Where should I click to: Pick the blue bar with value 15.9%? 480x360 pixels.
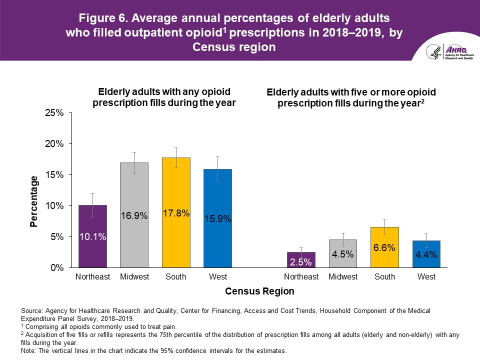coord(217,218)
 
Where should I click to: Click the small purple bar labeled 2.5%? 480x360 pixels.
coord(301,260)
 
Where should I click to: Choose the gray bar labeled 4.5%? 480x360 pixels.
coord(342,253)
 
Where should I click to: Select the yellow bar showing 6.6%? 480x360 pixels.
coord(384,247)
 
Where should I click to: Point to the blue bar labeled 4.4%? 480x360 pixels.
coord(426,254)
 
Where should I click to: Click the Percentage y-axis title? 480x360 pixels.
coord(34,201)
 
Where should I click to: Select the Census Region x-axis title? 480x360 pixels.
coord(259,291)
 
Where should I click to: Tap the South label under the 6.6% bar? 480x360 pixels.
coord(384,277)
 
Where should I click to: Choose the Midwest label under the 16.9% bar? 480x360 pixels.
coord(134,277)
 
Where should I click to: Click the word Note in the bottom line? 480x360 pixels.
coord(28,351)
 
